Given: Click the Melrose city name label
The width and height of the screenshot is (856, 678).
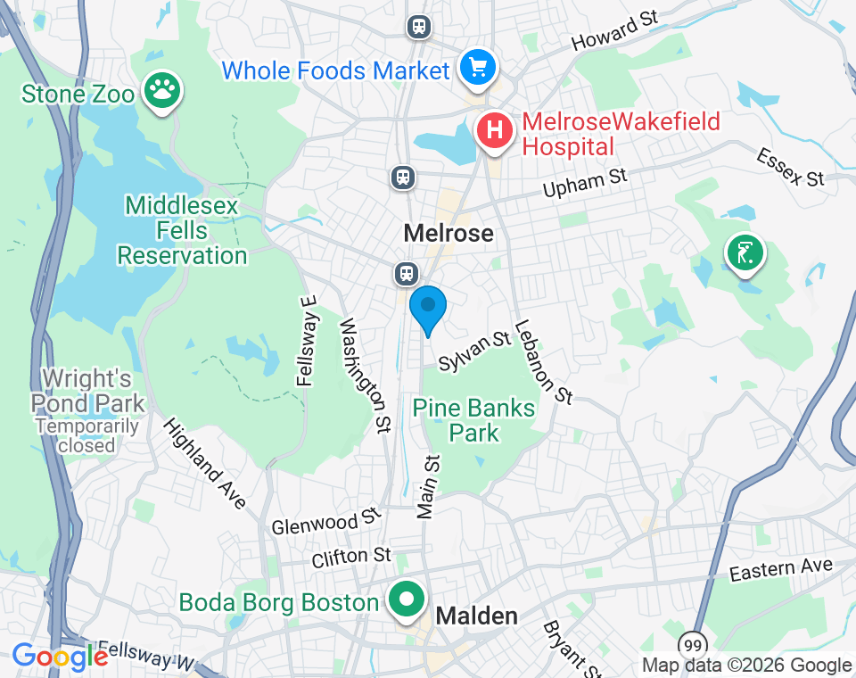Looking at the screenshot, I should tap(448, 234).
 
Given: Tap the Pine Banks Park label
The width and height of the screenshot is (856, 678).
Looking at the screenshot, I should tap(473, 421).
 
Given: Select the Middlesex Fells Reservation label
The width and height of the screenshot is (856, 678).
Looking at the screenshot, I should tap(182, 231).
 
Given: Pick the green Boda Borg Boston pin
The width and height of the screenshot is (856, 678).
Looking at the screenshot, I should tap(408, 600).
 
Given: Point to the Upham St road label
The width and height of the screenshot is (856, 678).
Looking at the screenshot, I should tap(586, 183).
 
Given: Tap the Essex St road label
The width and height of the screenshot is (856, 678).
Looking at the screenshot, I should tap(790, 167).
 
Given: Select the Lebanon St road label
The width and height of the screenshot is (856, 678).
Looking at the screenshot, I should tap(543, 361).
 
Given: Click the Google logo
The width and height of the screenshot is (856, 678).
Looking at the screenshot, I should tap(60, 657).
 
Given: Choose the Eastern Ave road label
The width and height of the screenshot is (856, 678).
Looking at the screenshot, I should tap(780, 569).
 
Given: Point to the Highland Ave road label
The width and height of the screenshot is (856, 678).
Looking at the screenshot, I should tap(204, 464).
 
